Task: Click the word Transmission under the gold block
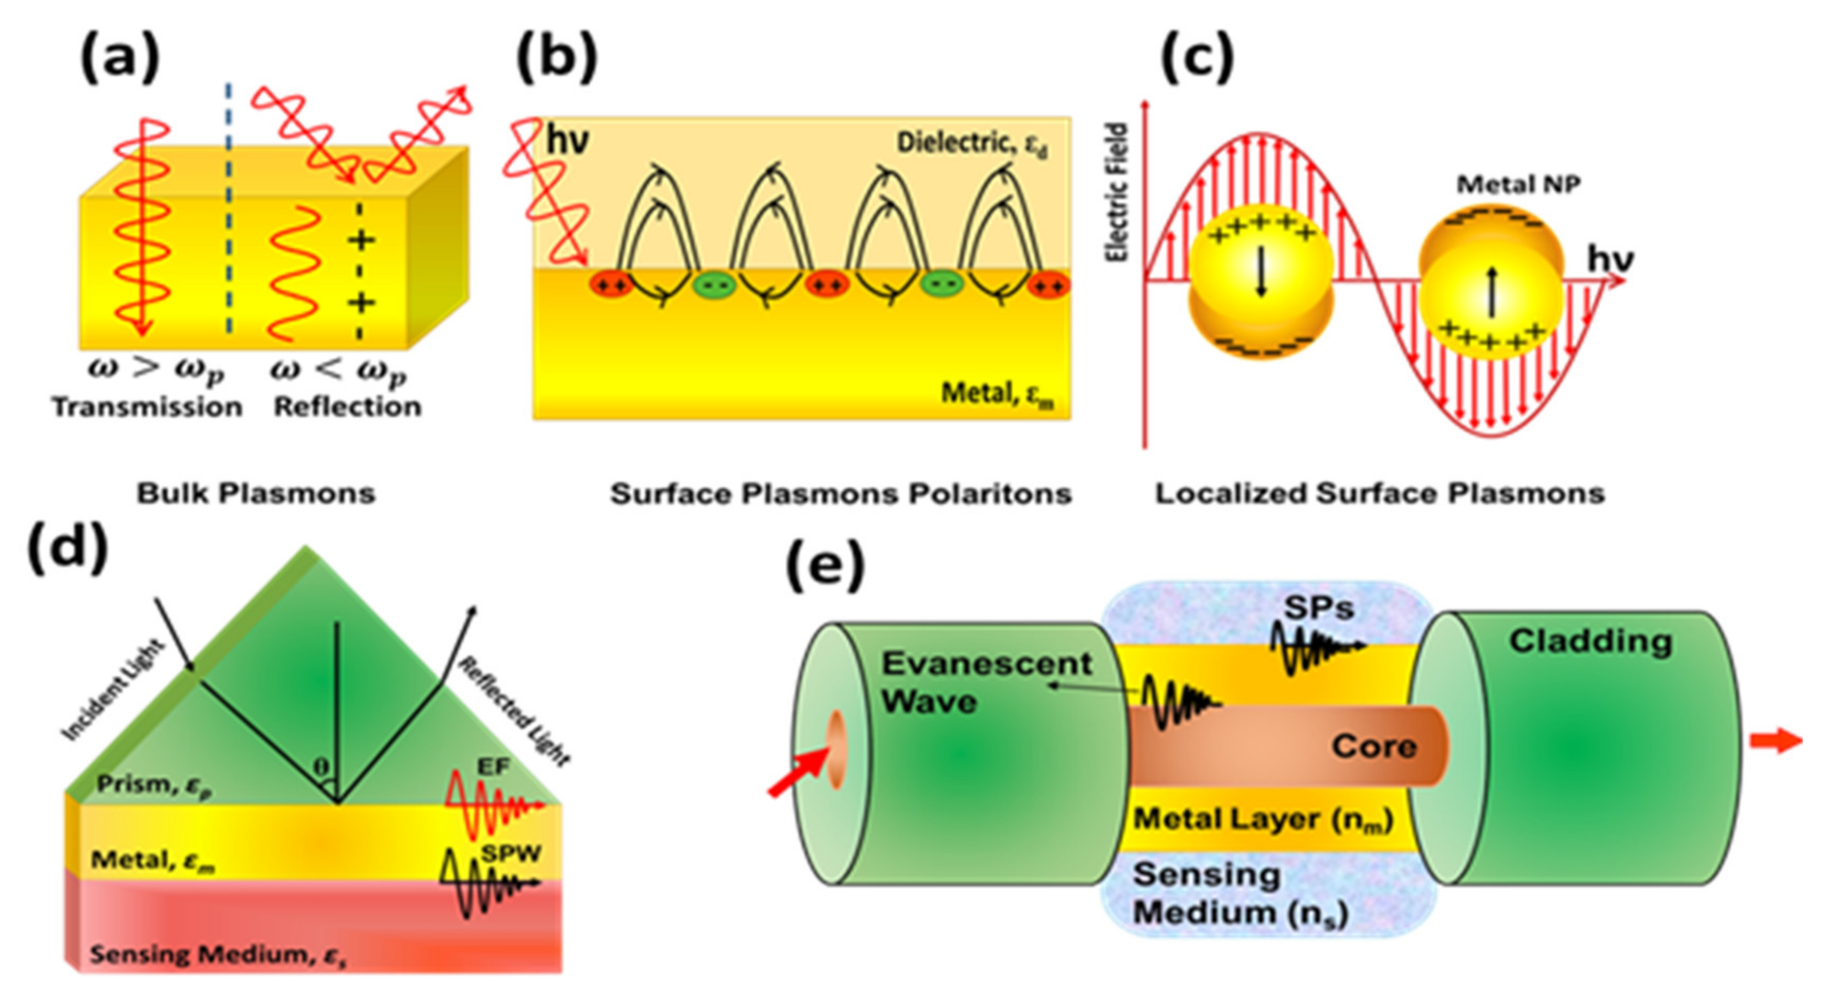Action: pos(147,407)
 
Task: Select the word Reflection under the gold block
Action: pos(348,407)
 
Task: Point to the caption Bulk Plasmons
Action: pos(255,493)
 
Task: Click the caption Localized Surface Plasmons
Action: pos(1380,493)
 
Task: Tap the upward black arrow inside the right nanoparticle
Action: pos(1492,291)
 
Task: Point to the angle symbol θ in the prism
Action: pos(322,767)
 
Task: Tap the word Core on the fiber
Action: pos(1374,746)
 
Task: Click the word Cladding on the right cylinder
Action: pos(1590,641)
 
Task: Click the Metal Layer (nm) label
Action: pos(1263,820)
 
